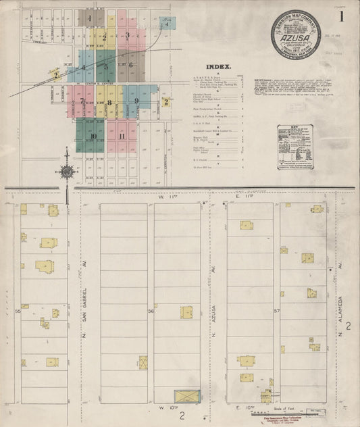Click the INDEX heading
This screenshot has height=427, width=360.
click(x=221, y=68)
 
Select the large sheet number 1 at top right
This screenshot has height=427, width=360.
click(x=342, y=16)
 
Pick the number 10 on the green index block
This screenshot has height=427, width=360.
click(x=94, y=136)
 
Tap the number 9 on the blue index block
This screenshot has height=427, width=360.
click(x=136, y=101)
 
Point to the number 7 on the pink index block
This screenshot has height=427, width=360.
click(x=82, y=101)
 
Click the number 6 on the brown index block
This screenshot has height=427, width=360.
click(x=131, y=66)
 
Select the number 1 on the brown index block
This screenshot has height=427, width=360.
click(x=89, y=17)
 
